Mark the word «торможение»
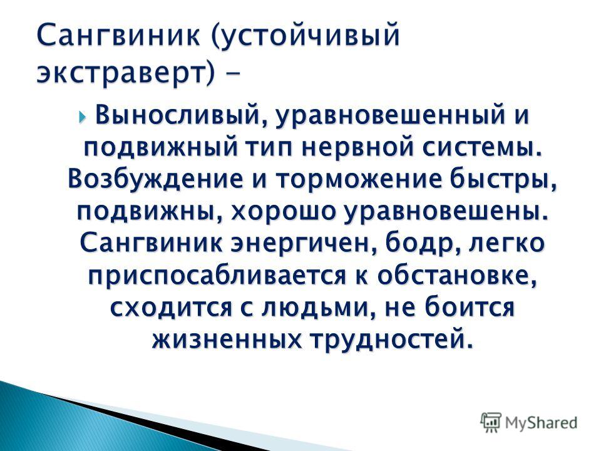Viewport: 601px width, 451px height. pos(358,180)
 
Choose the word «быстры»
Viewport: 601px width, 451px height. pos(503,179)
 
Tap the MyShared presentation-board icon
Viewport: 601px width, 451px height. pos(491,423)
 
